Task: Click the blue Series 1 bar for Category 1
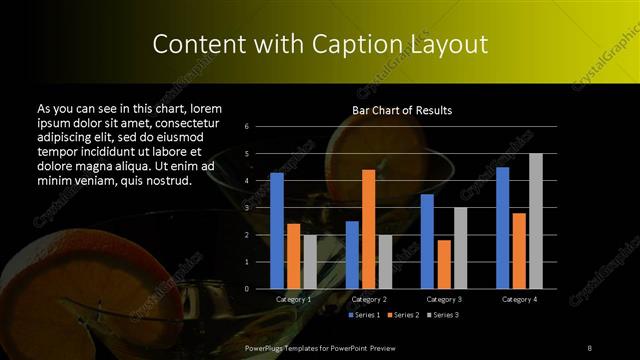coord(277,231)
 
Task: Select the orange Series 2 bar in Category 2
coord(369,229)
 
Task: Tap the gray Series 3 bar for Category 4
coord(536,221)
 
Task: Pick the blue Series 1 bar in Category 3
coord(427,241)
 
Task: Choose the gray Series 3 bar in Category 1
coord(310,262)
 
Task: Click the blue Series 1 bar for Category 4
coord(502,228)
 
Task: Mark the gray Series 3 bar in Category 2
coord(385,262)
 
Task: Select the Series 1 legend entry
coord(364,315)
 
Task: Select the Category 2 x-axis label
coord(369,299)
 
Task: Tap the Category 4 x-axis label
coord(519,299)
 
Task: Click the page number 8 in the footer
coord(590,347)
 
